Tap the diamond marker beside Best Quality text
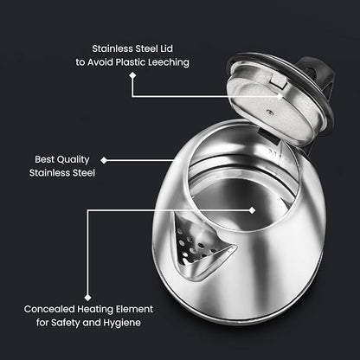pos(105,160)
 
